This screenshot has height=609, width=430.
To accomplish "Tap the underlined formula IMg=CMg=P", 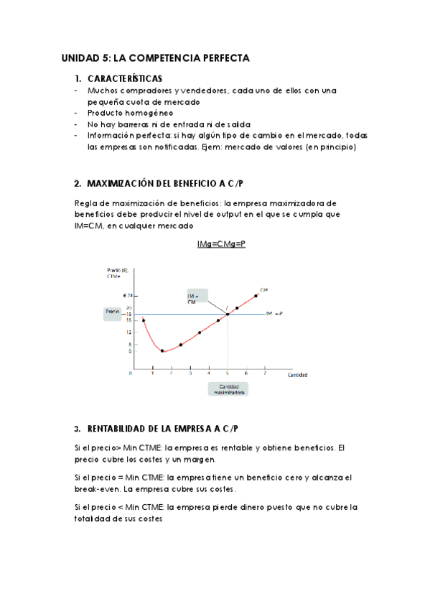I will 221,245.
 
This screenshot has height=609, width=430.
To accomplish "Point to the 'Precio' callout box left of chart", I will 113,312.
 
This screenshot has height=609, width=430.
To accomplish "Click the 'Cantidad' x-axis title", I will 299,375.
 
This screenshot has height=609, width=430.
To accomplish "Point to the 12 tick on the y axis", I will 129,332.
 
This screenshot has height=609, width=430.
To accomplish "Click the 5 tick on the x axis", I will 228,373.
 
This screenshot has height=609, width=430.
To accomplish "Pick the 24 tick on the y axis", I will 128,295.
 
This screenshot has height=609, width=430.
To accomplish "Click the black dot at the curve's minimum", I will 162,351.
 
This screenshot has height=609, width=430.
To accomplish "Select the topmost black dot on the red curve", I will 256,295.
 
